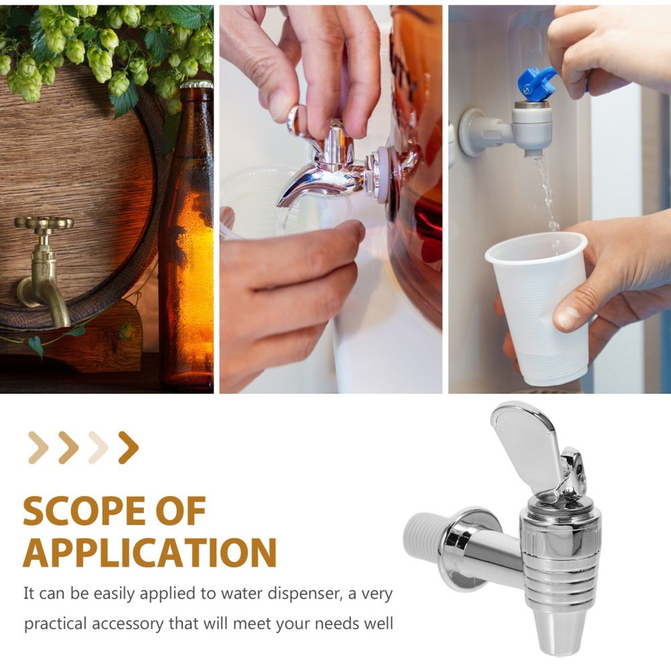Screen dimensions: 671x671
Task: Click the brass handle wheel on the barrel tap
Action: click(x=44, y=223)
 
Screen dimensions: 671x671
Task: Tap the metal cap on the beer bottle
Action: click(x=196, y=85)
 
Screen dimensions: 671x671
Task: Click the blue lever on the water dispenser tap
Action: click(x=537, y=84)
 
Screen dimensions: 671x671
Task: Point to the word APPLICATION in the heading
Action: click(x=150, y=553)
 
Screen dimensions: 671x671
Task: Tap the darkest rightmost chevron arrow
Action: click(x=127, y=448)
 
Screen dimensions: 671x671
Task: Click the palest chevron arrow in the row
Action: click(x=98, y=448)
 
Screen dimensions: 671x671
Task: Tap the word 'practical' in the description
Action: click(x=55, y=623)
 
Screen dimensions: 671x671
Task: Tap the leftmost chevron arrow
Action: click(x=38, y=448)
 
